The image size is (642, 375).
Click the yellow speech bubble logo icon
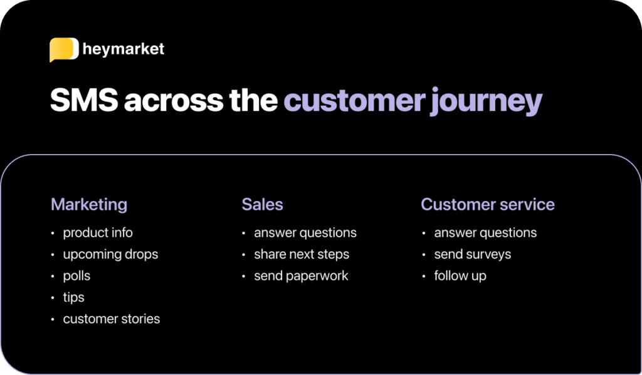[x=64, y=49]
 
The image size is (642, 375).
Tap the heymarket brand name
[x=124, y=49]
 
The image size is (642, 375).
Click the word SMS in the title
[x=84, y=100]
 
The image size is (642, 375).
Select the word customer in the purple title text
[x=354, y=100]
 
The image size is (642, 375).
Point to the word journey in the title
[x=486, y=102]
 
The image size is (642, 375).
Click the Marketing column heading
[x=89, y=205]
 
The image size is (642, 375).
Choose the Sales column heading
[x=262, y=205]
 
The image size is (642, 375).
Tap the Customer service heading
[x=488, y=205]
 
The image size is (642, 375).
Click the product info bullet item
[x=98, y=233]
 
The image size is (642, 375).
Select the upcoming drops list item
[x=110, y=254]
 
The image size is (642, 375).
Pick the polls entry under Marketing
[x=76, y=275]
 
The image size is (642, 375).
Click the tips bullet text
[x=74, y=297]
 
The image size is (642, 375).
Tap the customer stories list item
[x=112, y=319]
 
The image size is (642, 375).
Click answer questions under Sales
[x=305, y=233]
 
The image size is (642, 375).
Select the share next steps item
[x=302, y=254]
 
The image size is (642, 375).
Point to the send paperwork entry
[x=301, y=276]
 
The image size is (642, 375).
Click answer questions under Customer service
[x=485, y=233]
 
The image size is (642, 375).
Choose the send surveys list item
[x=473, y=254]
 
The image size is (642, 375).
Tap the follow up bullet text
[x=460, y=276]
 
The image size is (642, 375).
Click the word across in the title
[x=174, y=102]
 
